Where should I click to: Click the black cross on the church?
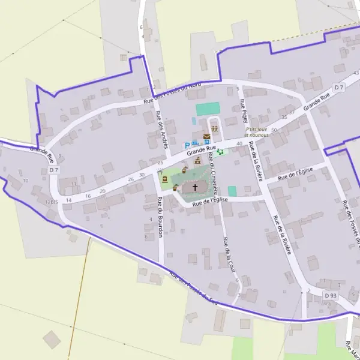click(x=194, y=188)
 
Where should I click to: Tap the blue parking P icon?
click(x=187, y=145)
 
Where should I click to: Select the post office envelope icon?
click(x=206, y=137)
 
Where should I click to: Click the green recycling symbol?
click(x=220, y=151)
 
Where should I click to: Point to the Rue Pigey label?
click(x=245, y=110)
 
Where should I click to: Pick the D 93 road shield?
click(x=331, y=296)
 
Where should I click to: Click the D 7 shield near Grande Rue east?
click(x=340, y=88)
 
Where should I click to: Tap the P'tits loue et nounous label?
click(x=256, y=133)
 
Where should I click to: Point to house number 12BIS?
click(x=51, y=202)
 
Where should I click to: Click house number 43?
click(x=356, y=73)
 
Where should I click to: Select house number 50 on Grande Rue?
click(x=274, y=130)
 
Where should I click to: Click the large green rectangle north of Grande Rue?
click(x=208, y=109)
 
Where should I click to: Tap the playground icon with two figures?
click(x=214, y=128)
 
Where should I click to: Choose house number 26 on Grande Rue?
click(x=131, y=179)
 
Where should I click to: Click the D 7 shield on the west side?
click(x=54, y=170)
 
